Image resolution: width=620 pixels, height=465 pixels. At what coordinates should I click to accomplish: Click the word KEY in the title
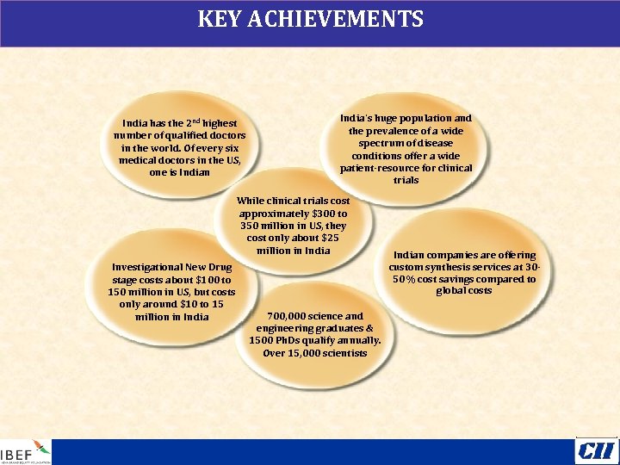coord(219,19)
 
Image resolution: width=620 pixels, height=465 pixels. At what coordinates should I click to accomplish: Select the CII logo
coord(596,450)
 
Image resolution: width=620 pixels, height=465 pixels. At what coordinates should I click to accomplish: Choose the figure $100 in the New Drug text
coord(204,280)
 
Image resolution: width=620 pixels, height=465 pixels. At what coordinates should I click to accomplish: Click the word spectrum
coord(387,143)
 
